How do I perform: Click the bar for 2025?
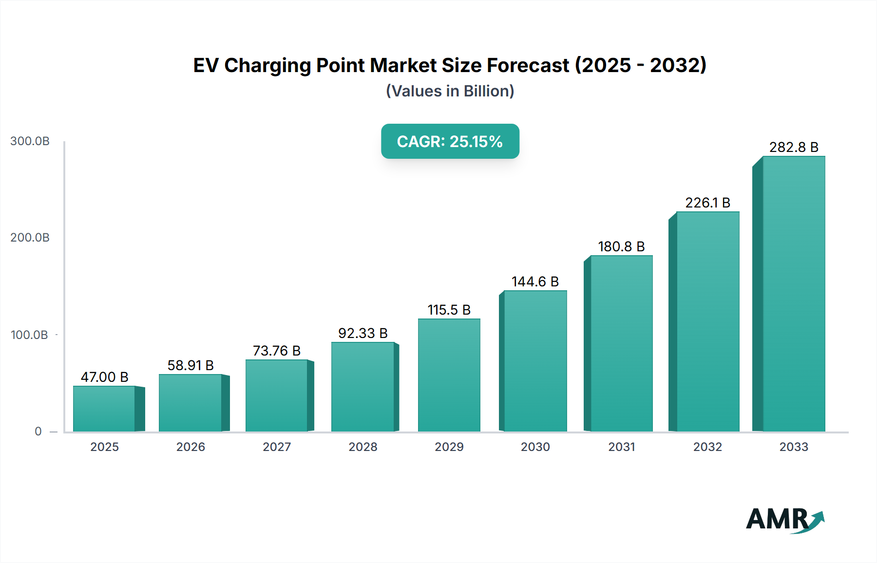[104, 409]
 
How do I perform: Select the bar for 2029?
[449, 375]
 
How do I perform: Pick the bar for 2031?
[621, 343]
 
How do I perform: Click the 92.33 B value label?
[363, 333]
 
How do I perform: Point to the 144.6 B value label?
[535, 281]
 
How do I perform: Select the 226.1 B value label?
[707, 203]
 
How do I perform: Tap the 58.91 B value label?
[191, 365]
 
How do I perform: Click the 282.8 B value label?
[794, 147]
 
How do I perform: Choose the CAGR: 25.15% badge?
[450, 141]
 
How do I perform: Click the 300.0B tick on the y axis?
[30, 141]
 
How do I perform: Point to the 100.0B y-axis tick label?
[29, 335]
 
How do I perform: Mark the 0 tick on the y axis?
[38, 432]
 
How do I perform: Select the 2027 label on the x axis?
[277, 447]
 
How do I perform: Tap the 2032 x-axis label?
[707, 447]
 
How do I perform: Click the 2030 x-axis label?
[535, 447]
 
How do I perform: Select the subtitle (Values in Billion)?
[450, 91]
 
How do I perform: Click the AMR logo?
[784, 520]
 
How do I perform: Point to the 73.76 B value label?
[277, 351]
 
